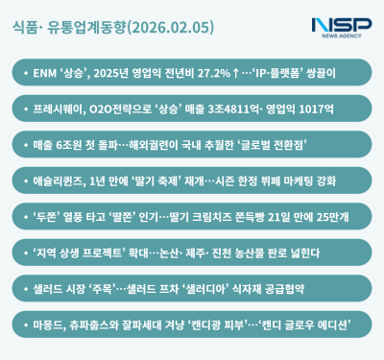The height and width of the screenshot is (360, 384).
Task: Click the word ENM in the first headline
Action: pos(43,72)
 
